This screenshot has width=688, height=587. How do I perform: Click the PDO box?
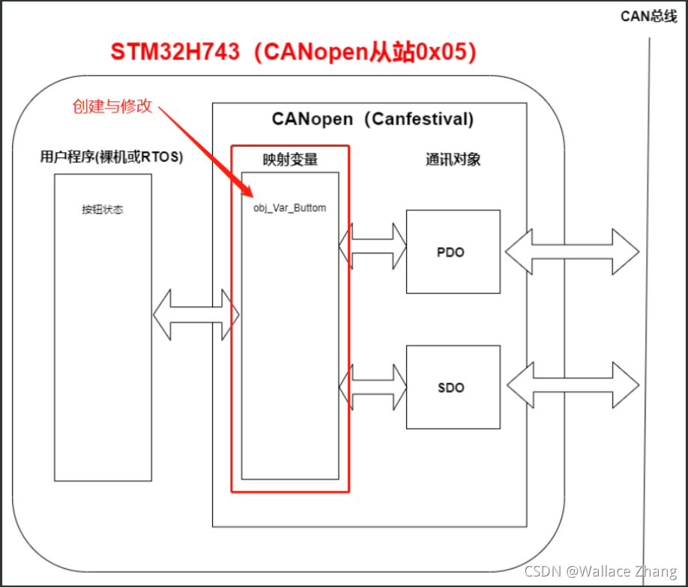[x=453, y=252]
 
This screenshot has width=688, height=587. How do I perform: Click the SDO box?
[x=453, y=387]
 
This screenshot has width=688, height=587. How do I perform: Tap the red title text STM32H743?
[x=176, y=52]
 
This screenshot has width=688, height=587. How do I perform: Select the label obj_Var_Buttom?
[x=290, y=207]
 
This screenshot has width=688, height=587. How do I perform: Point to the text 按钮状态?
[x=103, y=210]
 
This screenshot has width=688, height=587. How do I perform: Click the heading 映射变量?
[x=290, y=159]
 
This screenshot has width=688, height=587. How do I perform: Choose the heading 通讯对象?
[x=453, y=159]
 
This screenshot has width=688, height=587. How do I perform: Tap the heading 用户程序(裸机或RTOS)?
[x=112, y=157]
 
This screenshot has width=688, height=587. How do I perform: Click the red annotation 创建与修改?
[x=112, y=106]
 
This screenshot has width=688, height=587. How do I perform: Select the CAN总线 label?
[x=649, y=16]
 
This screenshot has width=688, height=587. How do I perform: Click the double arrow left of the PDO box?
[x=372, y=245]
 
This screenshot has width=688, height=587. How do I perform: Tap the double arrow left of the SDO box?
[x=372, y=387]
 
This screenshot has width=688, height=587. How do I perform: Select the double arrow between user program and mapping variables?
[x=196, y=315]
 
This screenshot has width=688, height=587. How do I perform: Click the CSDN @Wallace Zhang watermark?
[x=600, y=571]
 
